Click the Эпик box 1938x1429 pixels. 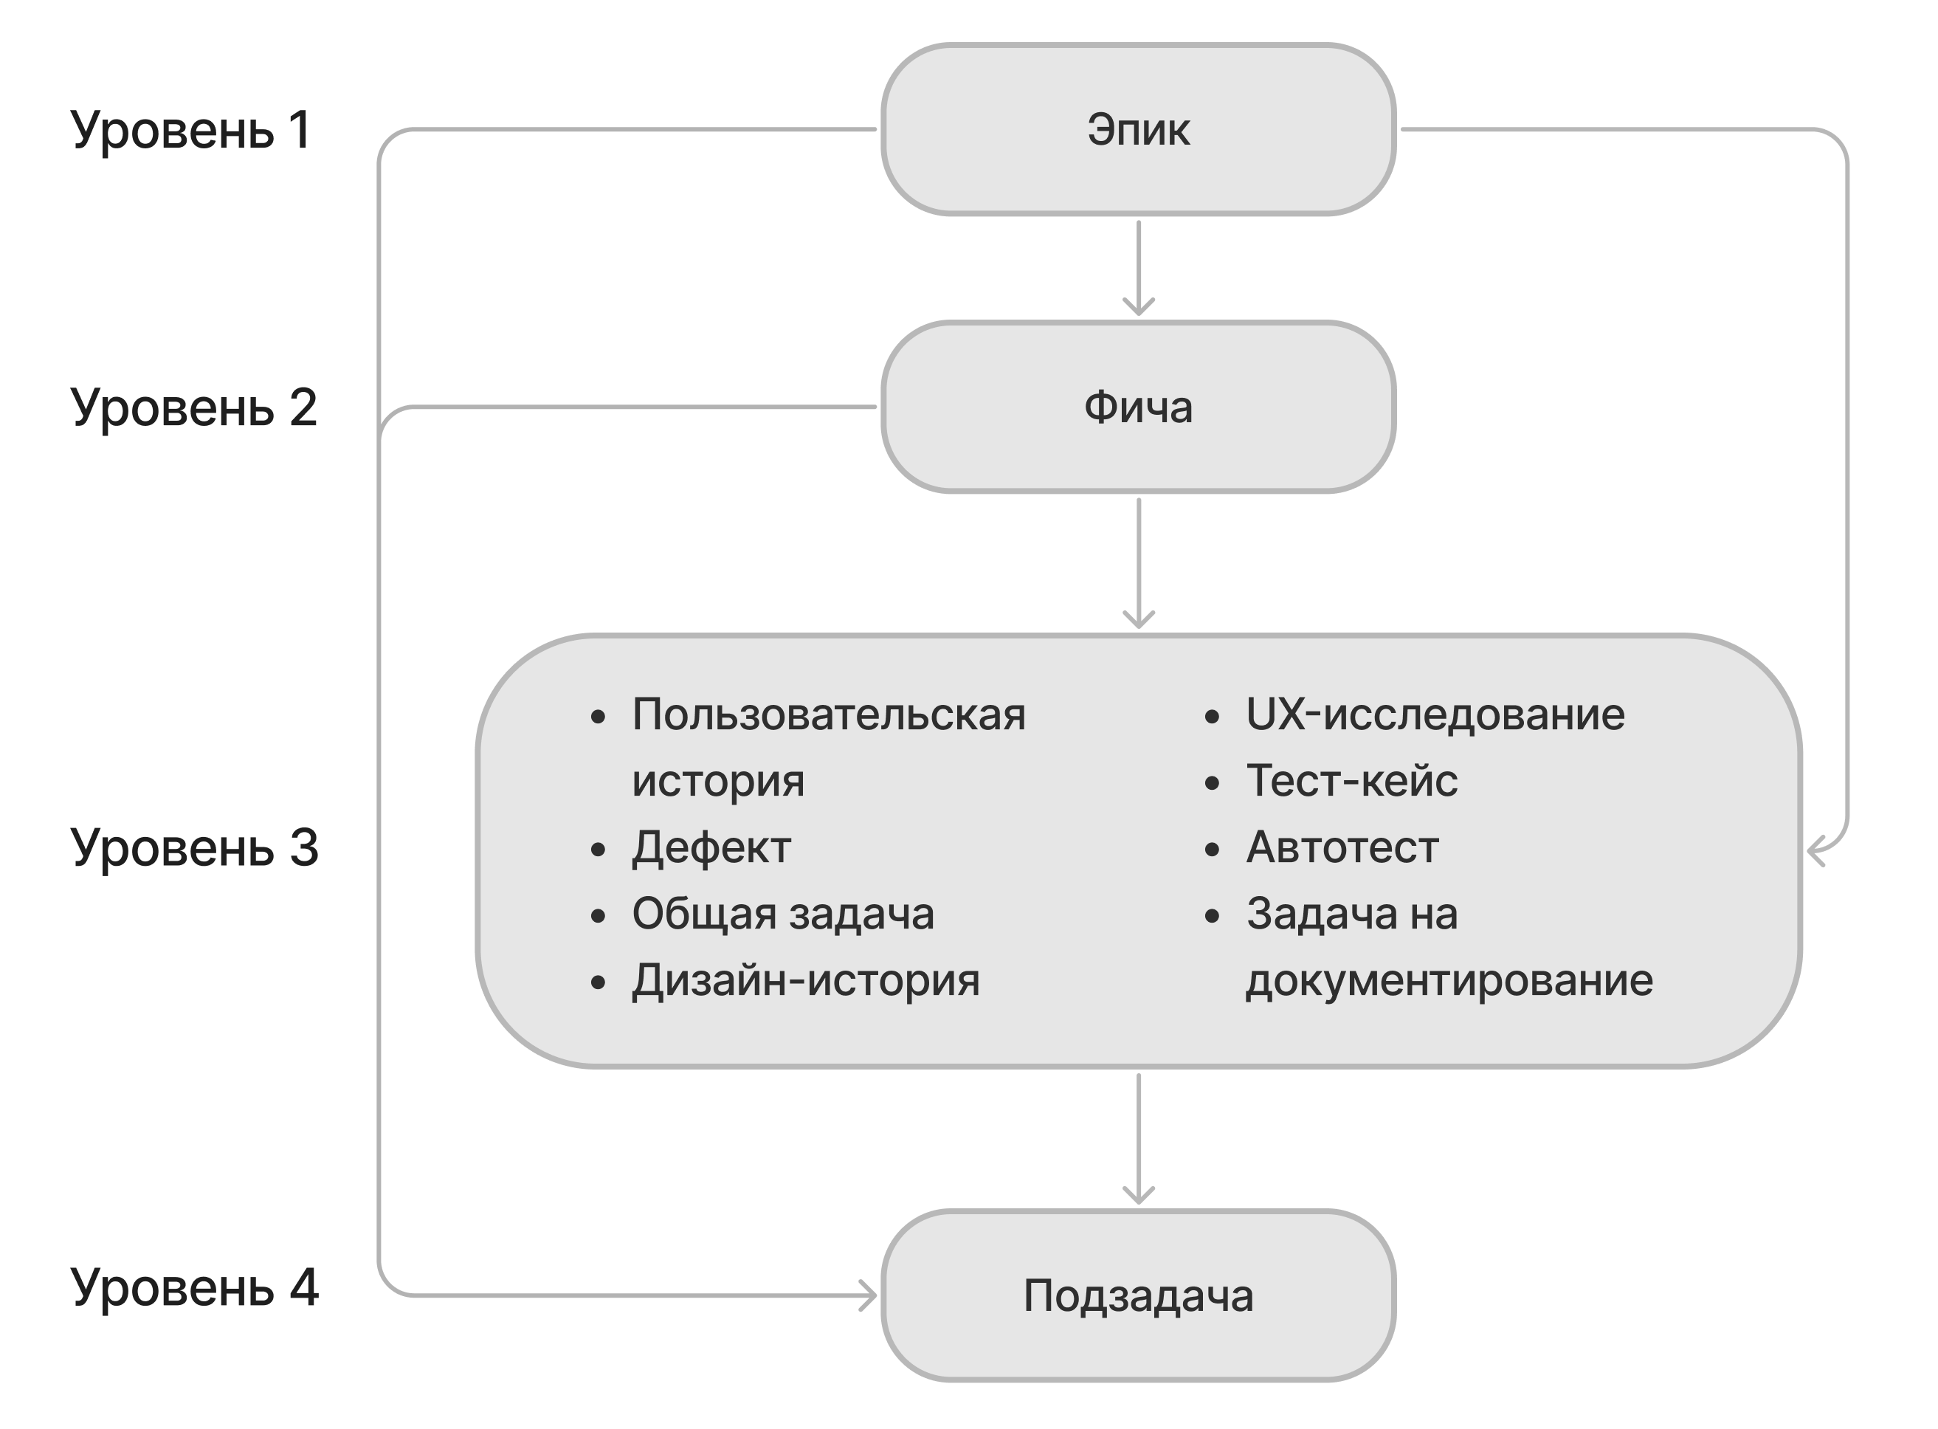[1137, 130]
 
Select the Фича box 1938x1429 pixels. [1137, 407]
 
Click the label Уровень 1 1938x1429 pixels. [190, 130]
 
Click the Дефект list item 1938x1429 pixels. [711, 847]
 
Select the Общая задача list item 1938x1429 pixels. [782, 915]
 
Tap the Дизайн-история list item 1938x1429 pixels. [805, 981]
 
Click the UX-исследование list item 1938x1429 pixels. [1435, 715]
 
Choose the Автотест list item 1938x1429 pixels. [1341, 847]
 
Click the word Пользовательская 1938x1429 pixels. [829, 715]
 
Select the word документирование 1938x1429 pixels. [1449, 981]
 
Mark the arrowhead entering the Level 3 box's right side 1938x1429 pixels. [1816, 850]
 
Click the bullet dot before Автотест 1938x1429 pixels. [1212, 850]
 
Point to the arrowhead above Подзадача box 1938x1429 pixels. [1138, 1196]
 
